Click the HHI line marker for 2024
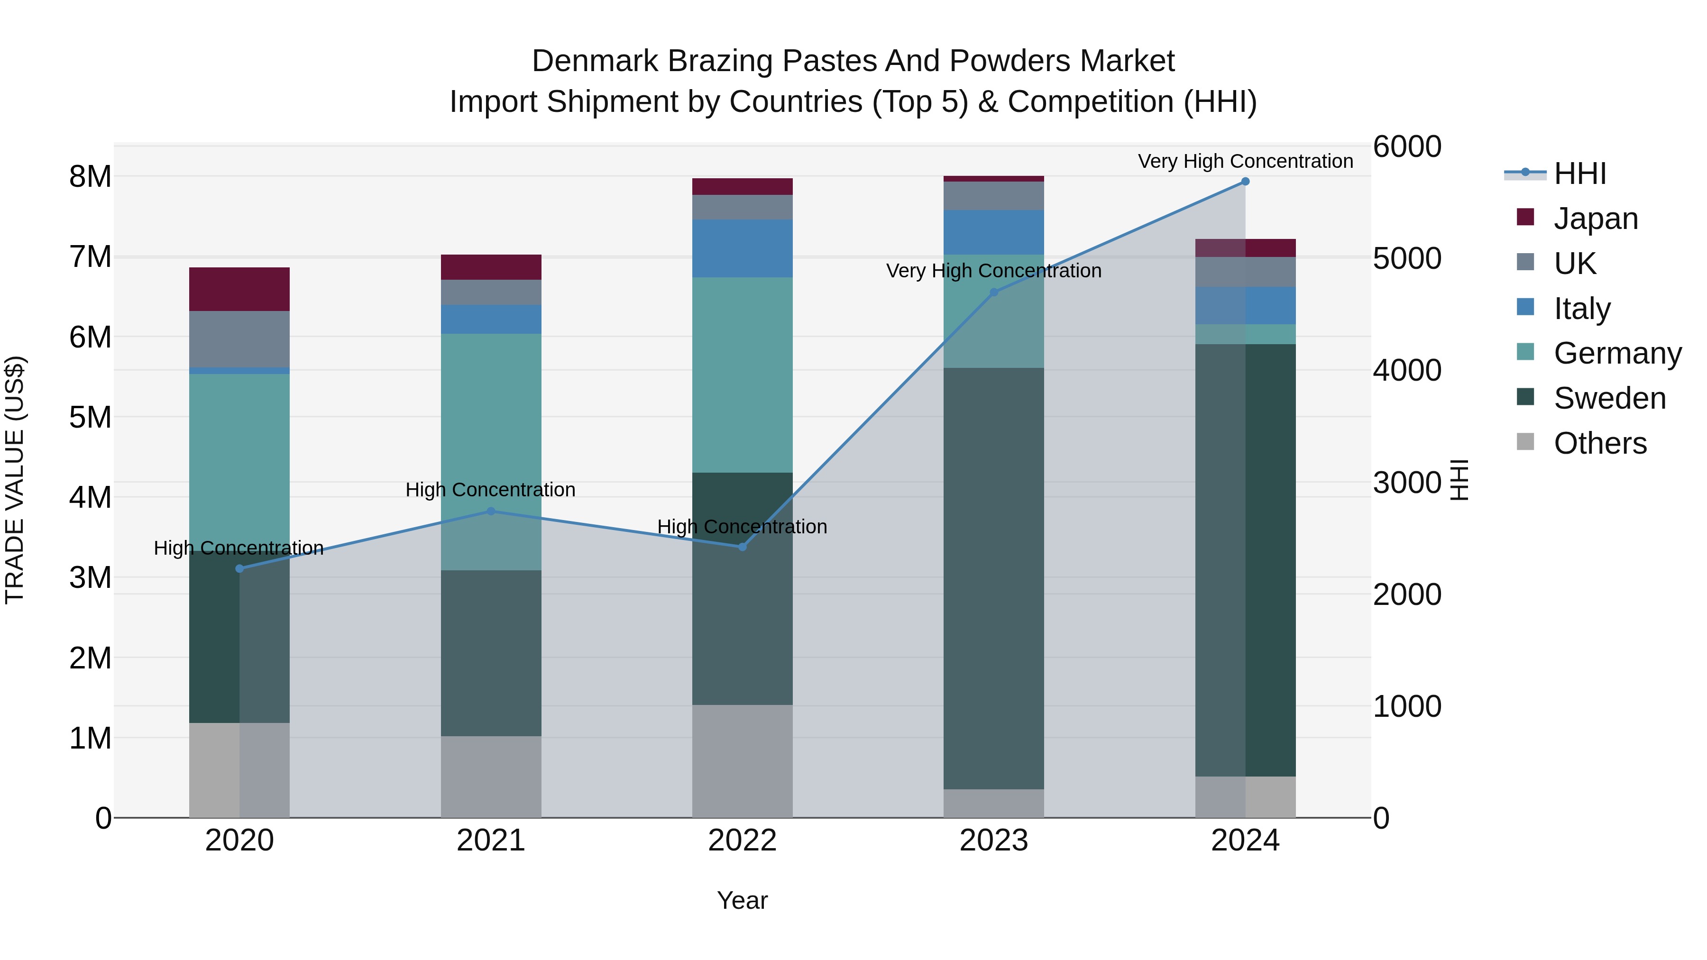[x=1245, y=182]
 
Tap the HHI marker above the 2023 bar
[x=993, y=292]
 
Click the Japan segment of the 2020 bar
[x=239, y=290]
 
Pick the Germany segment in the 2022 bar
[x=742, y=375]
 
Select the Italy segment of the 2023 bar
[x=993, y=232]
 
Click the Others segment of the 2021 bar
[x=491, y=777]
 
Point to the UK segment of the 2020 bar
[x=239, y=339]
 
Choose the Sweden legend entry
[x=1609, y=398]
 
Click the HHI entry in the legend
[x=1580, y=174]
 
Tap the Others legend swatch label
[x=1600, y=443]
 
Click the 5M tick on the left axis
[x=90, y=417]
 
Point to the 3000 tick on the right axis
[x=1406, y=482]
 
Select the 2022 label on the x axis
[x=742, y=841]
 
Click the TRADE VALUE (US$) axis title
[x=15, y=480]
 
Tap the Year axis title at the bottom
[x=742, y=900]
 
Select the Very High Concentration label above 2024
[x=1245, y=161]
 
